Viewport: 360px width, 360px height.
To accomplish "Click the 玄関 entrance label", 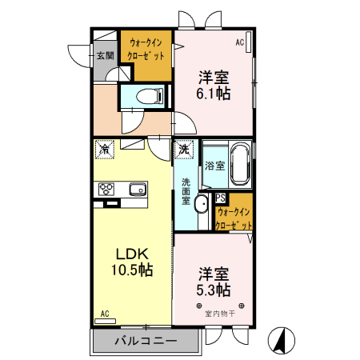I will point(105,56).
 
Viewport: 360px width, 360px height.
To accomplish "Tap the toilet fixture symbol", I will point(147,97).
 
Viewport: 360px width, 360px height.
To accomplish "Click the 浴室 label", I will point(214,166).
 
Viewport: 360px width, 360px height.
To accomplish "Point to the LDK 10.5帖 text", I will point(131,260).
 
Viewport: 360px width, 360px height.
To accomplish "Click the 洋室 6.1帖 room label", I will point(214,86).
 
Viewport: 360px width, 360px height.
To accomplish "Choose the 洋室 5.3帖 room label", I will point(214,281).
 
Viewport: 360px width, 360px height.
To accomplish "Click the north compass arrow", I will point(281,339).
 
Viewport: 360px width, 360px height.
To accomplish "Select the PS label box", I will point(220,198).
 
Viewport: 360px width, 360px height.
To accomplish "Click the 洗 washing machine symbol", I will point(184,149).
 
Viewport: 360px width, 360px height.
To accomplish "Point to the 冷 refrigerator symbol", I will point(105,149).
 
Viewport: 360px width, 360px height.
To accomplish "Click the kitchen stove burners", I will point(106,190).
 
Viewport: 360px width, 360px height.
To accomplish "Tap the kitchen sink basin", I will point(135,190).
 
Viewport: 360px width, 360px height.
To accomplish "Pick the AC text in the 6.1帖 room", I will point(239,42).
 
